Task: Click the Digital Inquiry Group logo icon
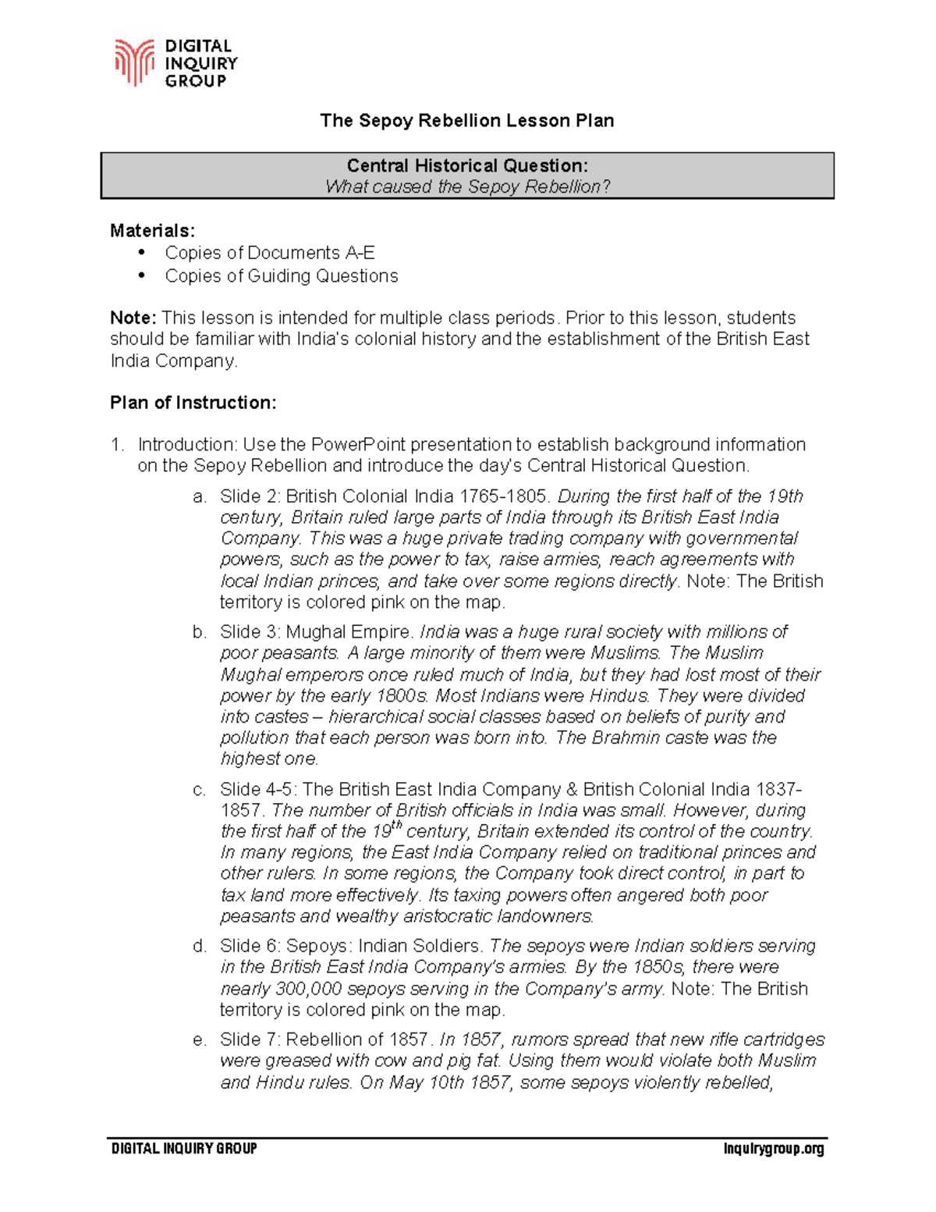tap(133, 62)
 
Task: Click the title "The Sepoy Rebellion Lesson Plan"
tap(466, 120)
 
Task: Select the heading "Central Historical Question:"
tap(466, 165)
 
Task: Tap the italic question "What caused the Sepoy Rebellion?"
tap(466, 187)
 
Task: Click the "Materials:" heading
tap(152, 230)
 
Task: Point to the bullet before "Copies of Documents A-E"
tap(141, 252)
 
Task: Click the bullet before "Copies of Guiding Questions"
tap(141, 275)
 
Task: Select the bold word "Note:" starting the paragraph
tap(133, 318)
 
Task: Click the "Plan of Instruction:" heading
tap(193, 403)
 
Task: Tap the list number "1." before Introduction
tap(117, 445)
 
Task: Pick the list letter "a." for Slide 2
tap(200, 497)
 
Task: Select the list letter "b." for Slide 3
tap(200, 632)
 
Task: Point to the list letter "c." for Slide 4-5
tap(200, 790)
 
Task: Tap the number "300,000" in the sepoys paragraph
tap(310, 989)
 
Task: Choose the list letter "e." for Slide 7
tap(200, 1040)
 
